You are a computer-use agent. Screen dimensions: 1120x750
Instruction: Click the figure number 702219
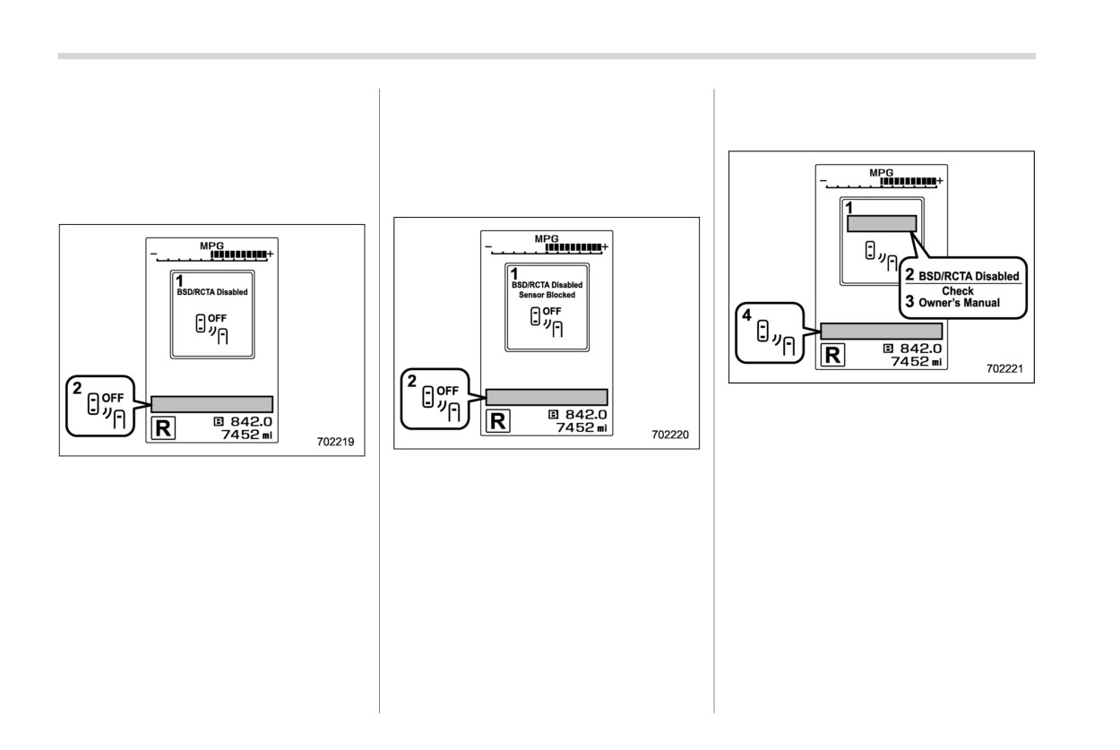coord(335,442)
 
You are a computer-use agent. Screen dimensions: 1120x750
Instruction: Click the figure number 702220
coord(669,435)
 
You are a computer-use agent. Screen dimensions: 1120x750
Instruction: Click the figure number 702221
coord(1004,368)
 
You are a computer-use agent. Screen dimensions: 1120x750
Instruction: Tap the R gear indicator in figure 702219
coord(163,428)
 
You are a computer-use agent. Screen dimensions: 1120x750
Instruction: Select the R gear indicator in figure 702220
coord(498,421)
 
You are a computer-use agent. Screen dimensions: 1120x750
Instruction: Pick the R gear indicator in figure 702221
coord(832,355)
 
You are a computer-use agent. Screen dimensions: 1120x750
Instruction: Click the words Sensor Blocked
coord(547,295)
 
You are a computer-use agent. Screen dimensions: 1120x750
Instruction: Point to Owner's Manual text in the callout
coord(959,303)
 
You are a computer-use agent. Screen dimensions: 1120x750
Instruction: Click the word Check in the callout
coord(958,290)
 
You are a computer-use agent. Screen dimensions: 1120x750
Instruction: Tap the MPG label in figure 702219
coord(211,246)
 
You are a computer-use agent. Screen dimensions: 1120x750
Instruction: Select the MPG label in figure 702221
coord(881,173)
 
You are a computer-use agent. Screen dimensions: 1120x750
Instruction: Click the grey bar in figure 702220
coord(547,397)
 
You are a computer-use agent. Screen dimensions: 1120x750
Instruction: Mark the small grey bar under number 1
coord(882,223)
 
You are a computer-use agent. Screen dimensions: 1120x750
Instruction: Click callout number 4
coord(746,315)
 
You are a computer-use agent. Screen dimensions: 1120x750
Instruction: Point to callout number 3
coord(909,301)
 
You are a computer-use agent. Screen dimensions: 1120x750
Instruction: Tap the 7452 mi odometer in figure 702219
coord(246,435)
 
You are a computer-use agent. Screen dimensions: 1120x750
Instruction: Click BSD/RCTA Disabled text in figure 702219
coord(212,292)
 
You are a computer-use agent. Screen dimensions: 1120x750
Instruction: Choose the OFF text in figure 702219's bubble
coord(113,398)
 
